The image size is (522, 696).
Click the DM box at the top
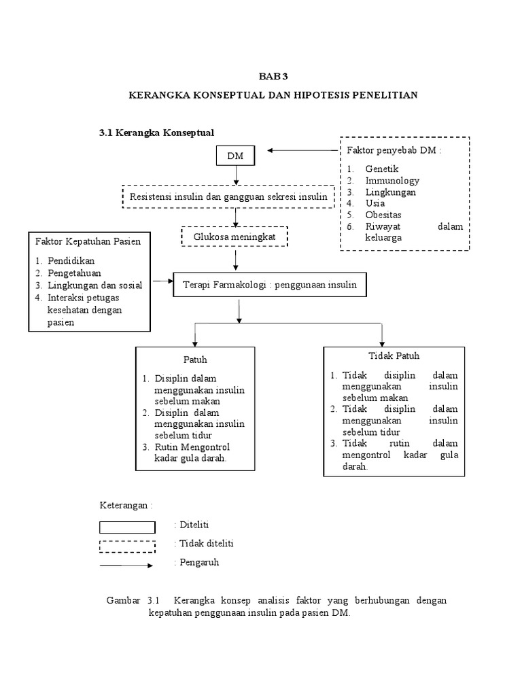click(x=235, y=156)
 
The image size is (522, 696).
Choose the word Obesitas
click(x=384, y=214)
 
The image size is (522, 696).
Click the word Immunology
click(x=392, y=180)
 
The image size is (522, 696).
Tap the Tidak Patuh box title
click(x=394, y=355)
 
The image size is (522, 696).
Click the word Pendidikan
click(x=71, y=260)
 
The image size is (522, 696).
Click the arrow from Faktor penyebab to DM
click(x=302, y=150)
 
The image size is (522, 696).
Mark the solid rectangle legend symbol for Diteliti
click(x=127, y=527)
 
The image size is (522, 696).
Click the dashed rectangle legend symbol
click(x=127, y=546)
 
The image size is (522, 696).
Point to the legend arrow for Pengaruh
click(x=127, y=565)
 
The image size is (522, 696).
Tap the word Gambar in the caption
click(x=122, y=601)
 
